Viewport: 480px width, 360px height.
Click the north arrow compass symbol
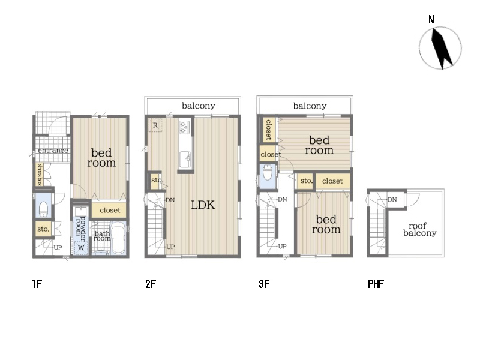tap(440, 48)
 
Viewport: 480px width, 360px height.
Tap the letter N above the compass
tap(431, 20)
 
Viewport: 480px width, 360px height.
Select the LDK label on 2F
tap(203, 205)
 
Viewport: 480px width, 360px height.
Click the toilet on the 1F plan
tap(43, 209)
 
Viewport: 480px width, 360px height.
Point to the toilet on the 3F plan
tap(268, 175)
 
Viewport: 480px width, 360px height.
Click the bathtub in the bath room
tap(118, 238)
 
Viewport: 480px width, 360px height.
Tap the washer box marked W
tap(81, 248)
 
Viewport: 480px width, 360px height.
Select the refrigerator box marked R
tap(155, 125)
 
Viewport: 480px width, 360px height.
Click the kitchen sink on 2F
tap(185, 159)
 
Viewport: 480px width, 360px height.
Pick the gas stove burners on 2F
tap(185, 127)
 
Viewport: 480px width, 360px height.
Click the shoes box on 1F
tap(39, 174)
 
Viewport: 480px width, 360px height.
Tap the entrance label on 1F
tap(53, 151)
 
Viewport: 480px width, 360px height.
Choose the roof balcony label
tap(419, 229)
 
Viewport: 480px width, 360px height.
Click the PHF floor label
tap(376, 284)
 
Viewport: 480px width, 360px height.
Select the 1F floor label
tap(37, 284)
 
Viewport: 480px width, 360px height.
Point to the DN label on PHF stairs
tap(392, 200)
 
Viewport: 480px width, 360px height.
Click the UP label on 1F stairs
tap(58, 248)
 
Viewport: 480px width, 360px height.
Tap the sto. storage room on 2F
tap(155, 181)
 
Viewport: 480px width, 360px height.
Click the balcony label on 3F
tap(310, 106)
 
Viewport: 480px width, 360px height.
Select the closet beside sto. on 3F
tap(332, 181)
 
